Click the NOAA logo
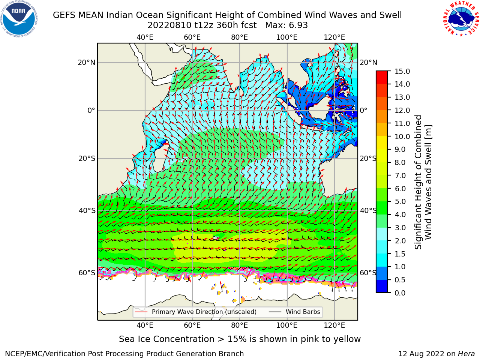pyautogui.click(x=19, y=19)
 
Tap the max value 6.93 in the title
pyautogui.click(x=297, y=25)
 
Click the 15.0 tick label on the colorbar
pyautogui.click(x=402, y=71)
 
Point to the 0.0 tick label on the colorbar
pyautogui.click(x=400, y=293)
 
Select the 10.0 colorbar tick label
pyautogui.click(x=402, y=136)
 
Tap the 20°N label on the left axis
pyautogui.click(x=87, y=63)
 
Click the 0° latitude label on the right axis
pyautogui.click(x=363, y=110)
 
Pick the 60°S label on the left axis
pyautogui.click(x=87, y=273)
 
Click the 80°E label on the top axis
pyautogui.click(x=240, y=37)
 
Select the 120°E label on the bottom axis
pyautogui.click(x=334, y=325)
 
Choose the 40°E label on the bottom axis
pyautogui.click(x=145, y=325)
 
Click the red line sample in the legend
pyautogui.click(x=141, y=312)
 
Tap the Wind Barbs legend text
pyautogui.click(x=303, y=312)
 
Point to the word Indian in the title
pyautogui.click(x=120, y=15)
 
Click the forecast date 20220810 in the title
pyautogui.click(x=169, y=25)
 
